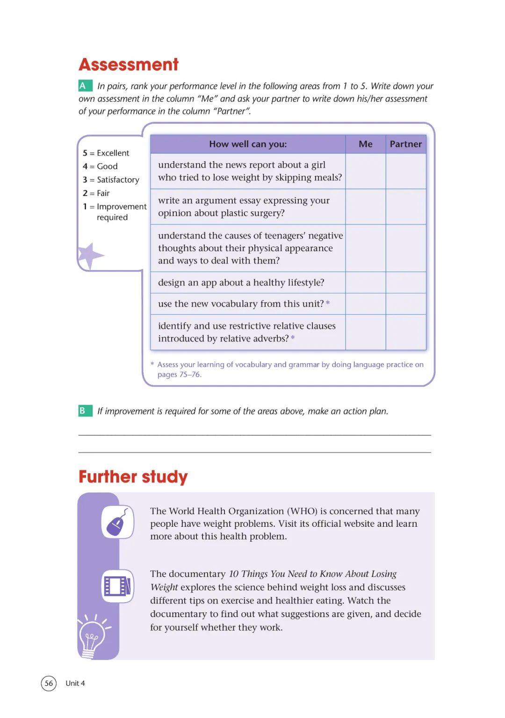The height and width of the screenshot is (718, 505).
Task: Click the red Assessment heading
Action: click(129, 65)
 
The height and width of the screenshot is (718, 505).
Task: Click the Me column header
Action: click(366, 144)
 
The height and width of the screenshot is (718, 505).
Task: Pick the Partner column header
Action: click(405, 144)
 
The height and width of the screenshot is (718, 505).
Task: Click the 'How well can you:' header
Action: click(248, 144)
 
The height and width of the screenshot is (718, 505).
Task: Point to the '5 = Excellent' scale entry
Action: click(106, 153)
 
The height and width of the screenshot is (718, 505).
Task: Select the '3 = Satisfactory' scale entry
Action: click(111, 179)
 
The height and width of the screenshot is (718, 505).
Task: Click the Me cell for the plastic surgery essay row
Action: click(366, 207)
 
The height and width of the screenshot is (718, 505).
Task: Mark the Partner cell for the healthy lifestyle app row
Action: click(405, 282)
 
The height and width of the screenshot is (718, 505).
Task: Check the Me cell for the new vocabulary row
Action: click(366, 304)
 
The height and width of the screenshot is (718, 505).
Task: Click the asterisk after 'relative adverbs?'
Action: click(293, 337)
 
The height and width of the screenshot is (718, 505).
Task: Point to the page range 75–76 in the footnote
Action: click(190, 374)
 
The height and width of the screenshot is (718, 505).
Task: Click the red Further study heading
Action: click(133, 477)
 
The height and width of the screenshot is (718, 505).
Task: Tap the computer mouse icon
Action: click(117, 522)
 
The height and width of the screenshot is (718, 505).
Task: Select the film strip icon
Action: click(117, 586)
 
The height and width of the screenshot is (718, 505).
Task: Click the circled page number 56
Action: click(49, 683)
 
